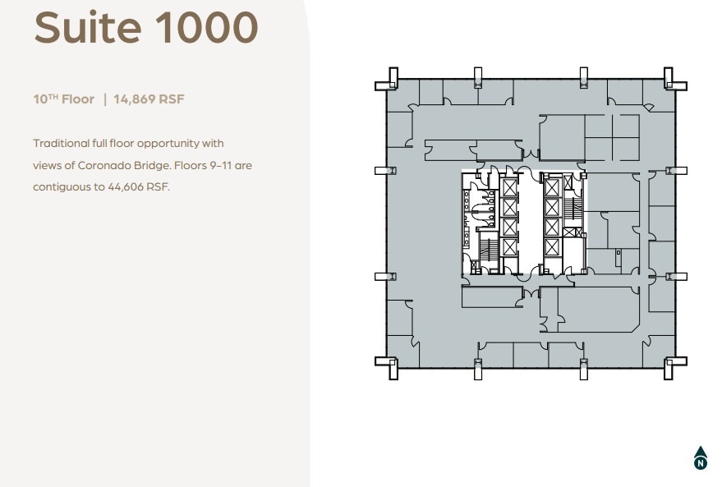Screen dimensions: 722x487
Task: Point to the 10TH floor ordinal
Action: click(50, 99)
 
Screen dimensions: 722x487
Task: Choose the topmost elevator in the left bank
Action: click(509, 186)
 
